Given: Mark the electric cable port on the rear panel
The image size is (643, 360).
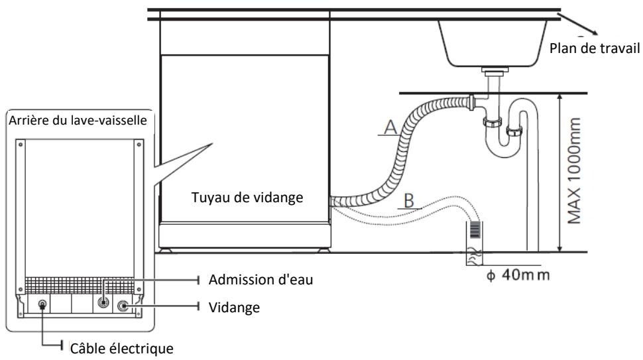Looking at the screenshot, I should point(43,306).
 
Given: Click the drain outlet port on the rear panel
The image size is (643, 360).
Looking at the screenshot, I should point(123,307).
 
